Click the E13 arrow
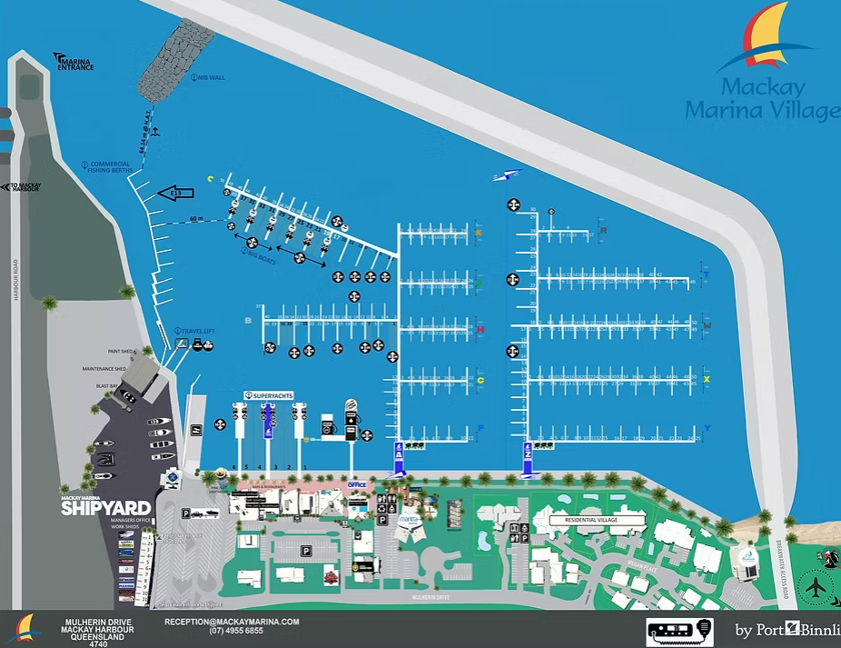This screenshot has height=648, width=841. pyautogui.click(x=175, y=193)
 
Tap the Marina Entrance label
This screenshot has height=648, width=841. pyautogui.click(x=75, y=64)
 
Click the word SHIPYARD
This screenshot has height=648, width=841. pyautogui.click(x=105, y=509)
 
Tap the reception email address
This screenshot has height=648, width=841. pyautogui.click(x=232, y=622)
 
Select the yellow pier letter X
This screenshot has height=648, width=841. pyautogui.click(x=707, y=378)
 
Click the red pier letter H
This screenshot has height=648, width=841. pyautogui.click(x=480, y=329)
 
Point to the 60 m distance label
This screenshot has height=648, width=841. pyautogui.click(x=197, y=219)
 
